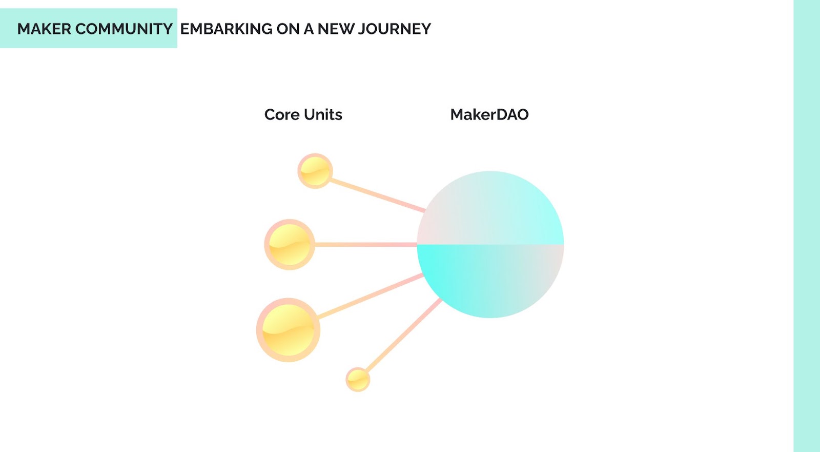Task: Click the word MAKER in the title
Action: coord(44,29)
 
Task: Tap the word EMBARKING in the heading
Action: coord(226,29)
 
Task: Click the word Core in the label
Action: coord(282,114)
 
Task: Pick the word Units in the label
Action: coord(323,114)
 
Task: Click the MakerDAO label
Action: coord(489,114)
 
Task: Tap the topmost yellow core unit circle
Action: coord(315,171)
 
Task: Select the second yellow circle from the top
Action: coord(290,245)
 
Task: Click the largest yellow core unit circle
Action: coord(288,330)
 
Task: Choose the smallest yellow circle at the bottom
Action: coord(358,380)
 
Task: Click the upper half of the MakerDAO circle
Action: coord(490,210)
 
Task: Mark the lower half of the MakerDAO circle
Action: coord(490,280)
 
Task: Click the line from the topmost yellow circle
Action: coord(377,195)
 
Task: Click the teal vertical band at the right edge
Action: coord(807,226)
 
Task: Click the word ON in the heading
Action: coord(288,29)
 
